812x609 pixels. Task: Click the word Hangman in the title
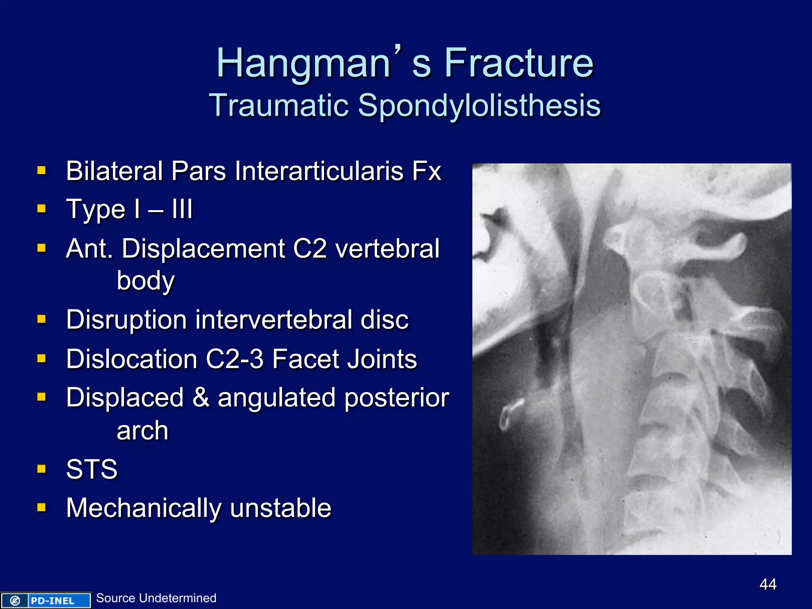tap(303, 63)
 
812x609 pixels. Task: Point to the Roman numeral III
tap(182, 209)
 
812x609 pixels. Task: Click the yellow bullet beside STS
tap(42, 469)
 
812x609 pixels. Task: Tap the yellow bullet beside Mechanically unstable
tap(42, 507)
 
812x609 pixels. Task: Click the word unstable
tap(280, 508)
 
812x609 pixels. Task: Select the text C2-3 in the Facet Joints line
tap(234, 359)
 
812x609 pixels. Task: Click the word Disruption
tap(126, 320)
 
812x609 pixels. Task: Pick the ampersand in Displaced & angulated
tap(201, 398)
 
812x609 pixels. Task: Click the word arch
tap(142, 431)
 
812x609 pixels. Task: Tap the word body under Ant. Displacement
tap(146, 281)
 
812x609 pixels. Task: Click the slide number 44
tap(768, 584)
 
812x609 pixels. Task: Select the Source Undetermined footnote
tap(156, 598)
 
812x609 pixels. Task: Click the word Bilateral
tap(114, 171)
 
